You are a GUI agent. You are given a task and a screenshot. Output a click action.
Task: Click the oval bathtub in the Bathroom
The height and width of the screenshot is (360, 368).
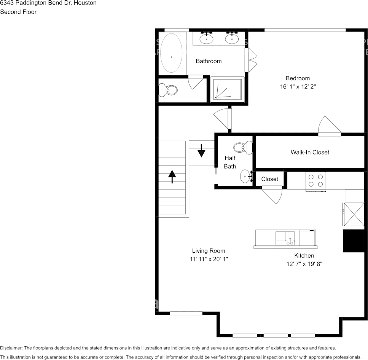click(x=171, y=53)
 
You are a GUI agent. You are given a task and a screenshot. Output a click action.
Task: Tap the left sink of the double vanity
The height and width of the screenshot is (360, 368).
click(x=207, y=38)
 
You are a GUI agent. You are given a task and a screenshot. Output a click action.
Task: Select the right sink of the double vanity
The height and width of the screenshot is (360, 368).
click(x=232, y=38)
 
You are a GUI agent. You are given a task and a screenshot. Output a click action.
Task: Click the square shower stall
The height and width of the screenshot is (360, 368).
click(x=227, y=90)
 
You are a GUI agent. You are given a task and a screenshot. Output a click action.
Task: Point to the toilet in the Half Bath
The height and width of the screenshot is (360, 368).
click(x=243, y=147)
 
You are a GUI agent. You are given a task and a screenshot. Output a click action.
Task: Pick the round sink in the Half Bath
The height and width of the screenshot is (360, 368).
click(x=246, y=176)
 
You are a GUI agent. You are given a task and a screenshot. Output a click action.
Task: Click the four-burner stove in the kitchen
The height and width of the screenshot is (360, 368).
click(x=315, y=181)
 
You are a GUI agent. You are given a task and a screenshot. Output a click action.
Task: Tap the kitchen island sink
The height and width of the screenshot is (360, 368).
click(x=285, y=238)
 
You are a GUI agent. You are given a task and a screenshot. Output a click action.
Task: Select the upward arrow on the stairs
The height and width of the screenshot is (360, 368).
click(x=172, y=177)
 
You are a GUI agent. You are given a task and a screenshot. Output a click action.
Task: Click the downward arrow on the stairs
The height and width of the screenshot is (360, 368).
click(x=201, y=150)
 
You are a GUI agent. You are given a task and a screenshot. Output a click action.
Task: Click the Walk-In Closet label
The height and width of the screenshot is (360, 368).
click(x=310, y=152)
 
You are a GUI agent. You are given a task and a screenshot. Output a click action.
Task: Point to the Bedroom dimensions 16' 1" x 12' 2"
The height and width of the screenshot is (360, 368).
click(x=298, y=87)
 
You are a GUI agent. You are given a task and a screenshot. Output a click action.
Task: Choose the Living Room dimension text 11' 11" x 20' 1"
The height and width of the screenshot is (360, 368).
click(x=209, y=259)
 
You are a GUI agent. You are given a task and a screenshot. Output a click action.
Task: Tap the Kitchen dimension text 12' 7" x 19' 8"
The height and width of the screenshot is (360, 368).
click(x=304, y=264)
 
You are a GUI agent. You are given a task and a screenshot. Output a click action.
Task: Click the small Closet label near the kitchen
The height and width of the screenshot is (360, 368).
click(x=270, y=179)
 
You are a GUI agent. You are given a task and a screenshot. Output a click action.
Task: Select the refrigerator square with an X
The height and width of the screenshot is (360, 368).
click(x=354, y=215)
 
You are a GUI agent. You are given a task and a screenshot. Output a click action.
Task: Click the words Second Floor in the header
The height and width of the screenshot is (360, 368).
click(x=18, y=12)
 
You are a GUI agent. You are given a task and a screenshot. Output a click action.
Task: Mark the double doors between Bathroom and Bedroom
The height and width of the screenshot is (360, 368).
click(x=251, y=60)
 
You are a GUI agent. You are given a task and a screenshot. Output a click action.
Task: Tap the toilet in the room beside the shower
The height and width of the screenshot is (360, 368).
click(x=168, y=90)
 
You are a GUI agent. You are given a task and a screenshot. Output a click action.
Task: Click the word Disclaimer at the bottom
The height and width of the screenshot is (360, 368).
click(x=11, y=348)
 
